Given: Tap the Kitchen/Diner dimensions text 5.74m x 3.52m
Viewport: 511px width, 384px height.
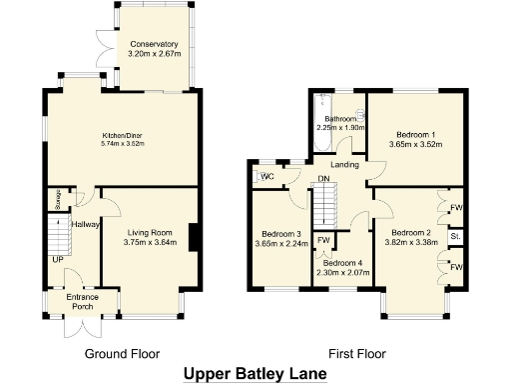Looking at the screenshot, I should tap(124, 144).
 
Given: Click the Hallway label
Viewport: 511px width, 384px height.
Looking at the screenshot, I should tap(85, 225).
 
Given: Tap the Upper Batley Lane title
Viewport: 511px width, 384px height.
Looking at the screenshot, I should tap(255, 374).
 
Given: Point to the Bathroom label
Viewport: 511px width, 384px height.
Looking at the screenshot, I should tap(341, 118).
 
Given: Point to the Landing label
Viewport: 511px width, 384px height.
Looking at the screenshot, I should tap(345, 165).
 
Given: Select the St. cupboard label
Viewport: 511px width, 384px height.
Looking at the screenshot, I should tap(455, 237).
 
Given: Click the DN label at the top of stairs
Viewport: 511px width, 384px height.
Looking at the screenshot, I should tap(323, 180).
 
